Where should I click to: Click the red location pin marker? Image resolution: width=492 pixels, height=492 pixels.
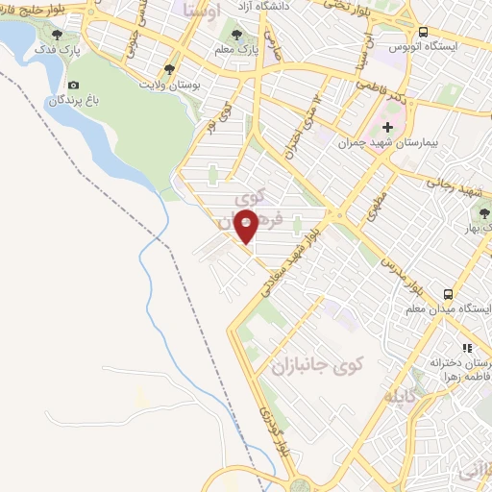point(247,226)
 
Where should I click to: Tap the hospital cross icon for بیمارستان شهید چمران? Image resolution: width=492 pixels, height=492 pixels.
point(387,126)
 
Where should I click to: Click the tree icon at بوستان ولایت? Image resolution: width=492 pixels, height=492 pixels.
point(170,69)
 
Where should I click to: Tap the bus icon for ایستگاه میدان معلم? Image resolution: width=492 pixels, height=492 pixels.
point(449,294)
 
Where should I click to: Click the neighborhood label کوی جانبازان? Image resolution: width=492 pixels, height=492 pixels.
point(316,366)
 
